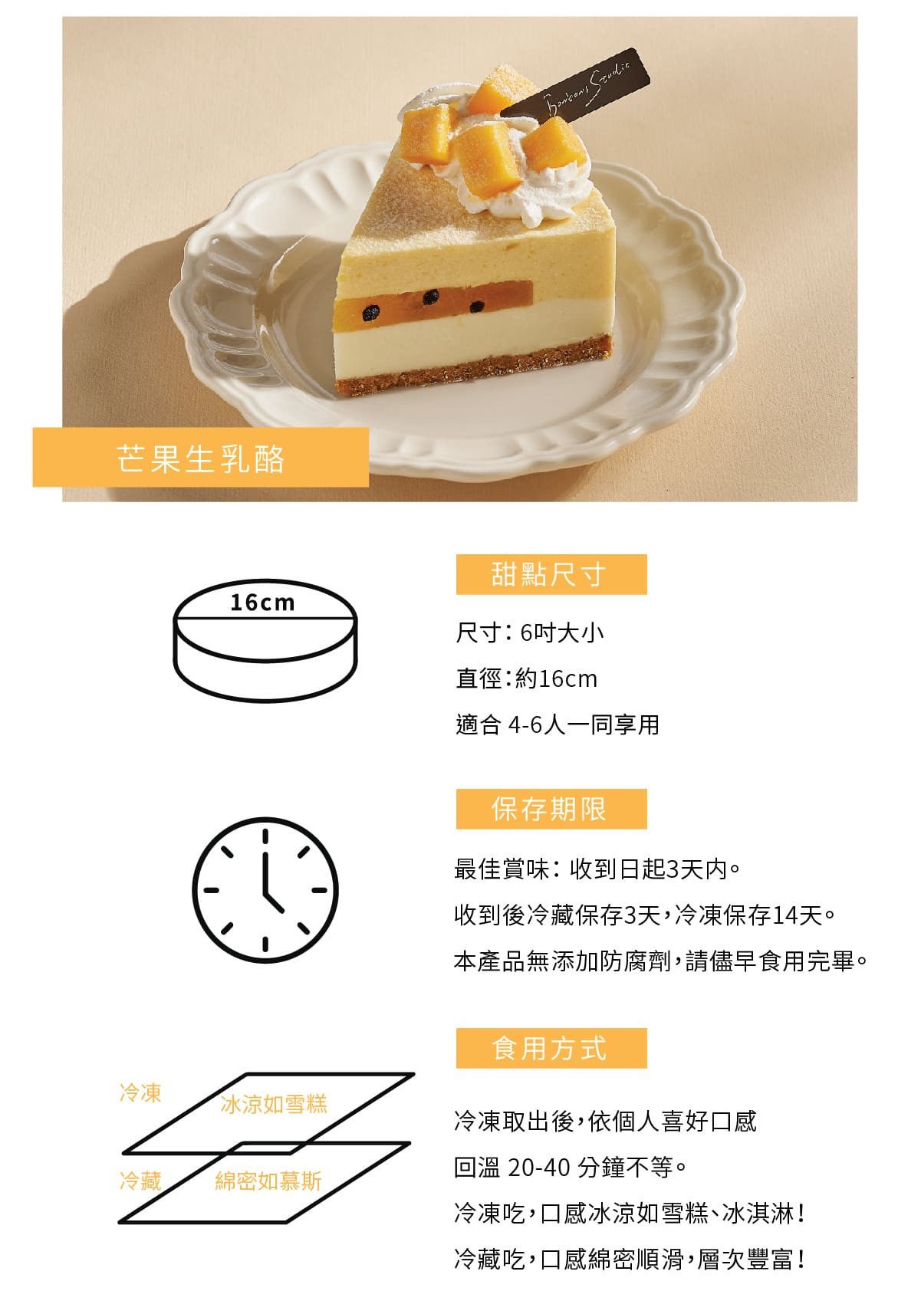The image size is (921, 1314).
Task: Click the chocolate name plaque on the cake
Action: click(x=576, y=86)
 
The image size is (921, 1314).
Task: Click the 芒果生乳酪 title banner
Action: click(x=201, y=458)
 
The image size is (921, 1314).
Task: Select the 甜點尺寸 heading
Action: click(x=551, y=574)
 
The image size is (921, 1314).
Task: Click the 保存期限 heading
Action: click(x=551, y=809)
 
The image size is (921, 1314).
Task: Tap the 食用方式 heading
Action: click(x=551, y=1048)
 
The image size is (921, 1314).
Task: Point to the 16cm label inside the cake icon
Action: click(x=262, y=603)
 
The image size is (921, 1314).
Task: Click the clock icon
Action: click(x=265, y=890)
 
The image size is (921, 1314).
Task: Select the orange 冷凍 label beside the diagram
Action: click(x=140, y=1093)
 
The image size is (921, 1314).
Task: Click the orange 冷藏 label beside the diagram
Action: click(x=140, y=1181)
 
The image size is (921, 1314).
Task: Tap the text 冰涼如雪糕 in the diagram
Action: click(x=274, y=1105)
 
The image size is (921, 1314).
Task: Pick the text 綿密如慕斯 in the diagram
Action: click(x=268, y=1181)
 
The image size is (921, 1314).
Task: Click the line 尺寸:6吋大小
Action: click(x=530, y=632)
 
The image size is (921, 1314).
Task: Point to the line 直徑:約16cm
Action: click(x=527, y=678)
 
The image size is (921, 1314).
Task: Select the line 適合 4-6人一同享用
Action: click(x=558, y=725)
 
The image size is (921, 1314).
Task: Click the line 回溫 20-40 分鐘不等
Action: click(x=571, y=1168)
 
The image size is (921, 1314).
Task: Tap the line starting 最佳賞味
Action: click(x=597, y=869)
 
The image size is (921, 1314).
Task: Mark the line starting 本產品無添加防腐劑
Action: click(x=660, y=961)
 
